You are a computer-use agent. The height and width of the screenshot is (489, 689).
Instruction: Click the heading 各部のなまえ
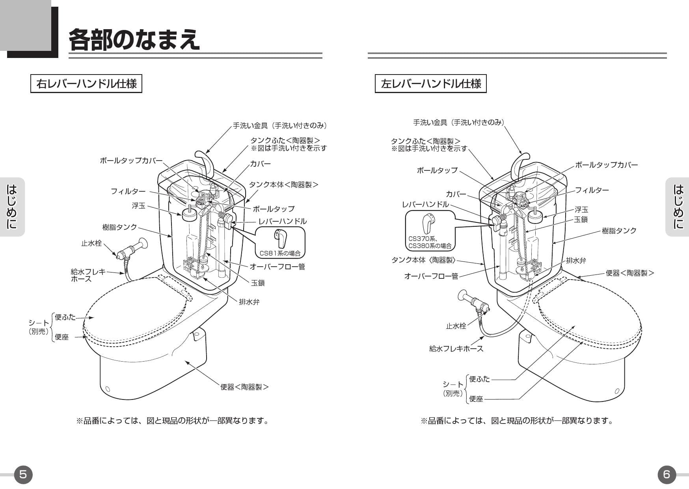[134, 40]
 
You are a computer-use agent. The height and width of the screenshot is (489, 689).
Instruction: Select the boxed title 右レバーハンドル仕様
[86, 84]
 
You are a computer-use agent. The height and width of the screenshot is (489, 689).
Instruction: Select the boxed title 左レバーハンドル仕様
[431, 84]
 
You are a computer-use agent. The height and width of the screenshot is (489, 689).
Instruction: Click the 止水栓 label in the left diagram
[91, 243]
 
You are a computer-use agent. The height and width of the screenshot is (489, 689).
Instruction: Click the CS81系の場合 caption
[280, 253]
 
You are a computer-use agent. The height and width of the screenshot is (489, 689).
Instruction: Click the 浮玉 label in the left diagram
[138, 206]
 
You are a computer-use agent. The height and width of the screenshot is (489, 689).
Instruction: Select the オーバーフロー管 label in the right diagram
[431, 276]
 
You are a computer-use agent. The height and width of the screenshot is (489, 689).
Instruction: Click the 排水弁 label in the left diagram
[249, 302]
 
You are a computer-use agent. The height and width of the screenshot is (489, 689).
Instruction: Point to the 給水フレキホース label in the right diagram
[456, 349]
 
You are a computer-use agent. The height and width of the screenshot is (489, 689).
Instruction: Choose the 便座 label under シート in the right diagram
[476, 399]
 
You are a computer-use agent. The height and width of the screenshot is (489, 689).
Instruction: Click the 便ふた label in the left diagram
[65, 317]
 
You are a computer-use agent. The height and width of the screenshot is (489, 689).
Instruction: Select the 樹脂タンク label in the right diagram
[619, 231]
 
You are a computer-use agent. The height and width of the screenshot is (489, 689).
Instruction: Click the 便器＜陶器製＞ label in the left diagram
[244, 387]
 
